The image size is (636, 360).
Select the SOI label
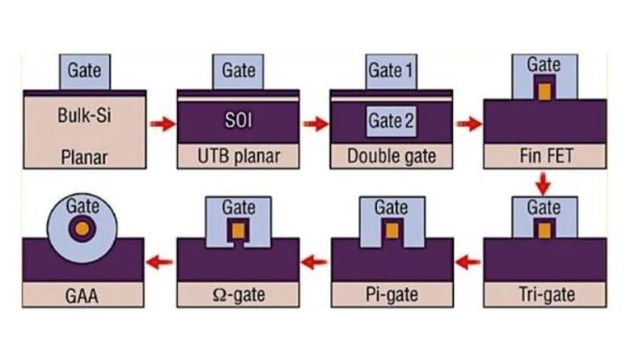239,119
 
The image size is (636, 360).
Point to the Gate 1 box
391,70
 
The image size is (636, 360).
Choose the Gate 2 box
391,121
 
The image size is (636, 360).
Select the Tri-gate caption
544,294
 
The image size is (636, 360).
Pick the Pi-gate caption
391,294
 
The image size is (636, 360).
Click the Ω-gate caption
239,294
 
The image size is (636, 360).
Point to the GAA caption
84,294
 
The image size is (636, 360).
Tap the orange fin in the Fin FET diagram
544,91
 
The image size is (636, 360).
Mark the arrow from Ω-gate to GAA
160,261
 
